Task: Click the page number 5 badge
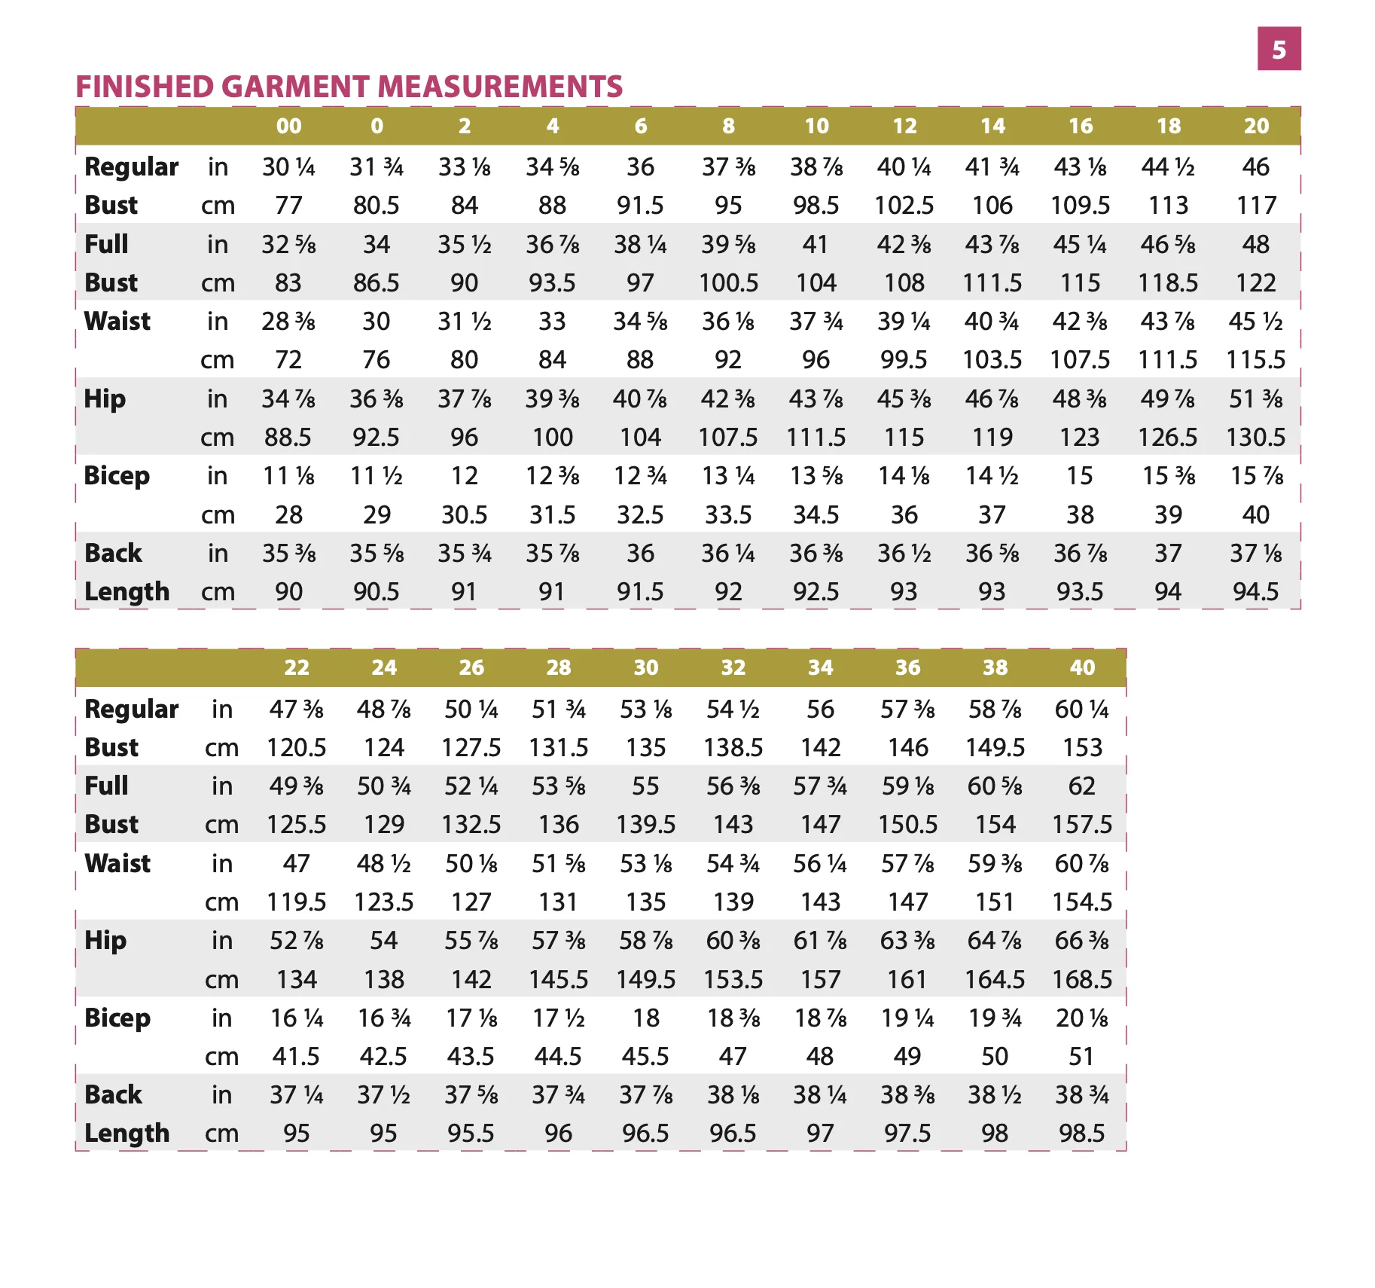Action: pyautogui.click(x=1279, y=49)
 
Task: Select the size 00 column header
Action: pyautogui.click(x=289, y=126)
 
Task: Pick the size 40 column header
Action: pyautogui.click(x=1082, y=667)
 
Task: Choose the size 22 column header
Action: pyautogui.click(x=297, y=667)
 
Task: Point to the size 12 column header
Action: pyautogui.click(x=904, y=126)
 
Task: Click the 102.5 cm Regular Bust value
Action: pyautogui.click(x=904, y=205)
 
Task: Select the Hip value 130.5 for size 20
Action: pyautogui.click(x=1256, y=437)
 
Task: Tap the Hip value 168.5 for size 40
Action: pyautogui.click(x=1082, y=979)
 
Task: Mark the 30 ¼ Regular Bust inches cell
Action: pyautogui.click(x=289, y=166)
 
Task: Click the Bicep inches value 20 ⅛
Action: pyautogui.click(x=1082, y=1018)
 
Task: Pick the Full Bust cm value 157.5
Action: pyautogui.click(x=1082, y=825)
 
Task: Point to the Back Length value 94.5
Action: pyautogui.click(x=1256, y=592)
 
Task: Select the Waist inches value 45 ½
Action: pyautogui.click(x=1256, y=322)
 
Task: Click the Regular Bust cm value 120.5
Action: pyautogui.click(x=297, y=747)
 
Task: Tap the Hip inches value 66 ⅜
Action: pyautogui.click(x=1082, y=941)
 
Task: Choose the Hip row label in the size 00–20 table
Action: pyautogui.click(x=105, y=399)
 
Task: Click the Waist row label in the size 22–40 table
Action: pyautogui.click(x=117, y=863)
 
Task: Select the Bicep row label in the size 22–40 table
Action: pyautogui.click(x=117, y=1018)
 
